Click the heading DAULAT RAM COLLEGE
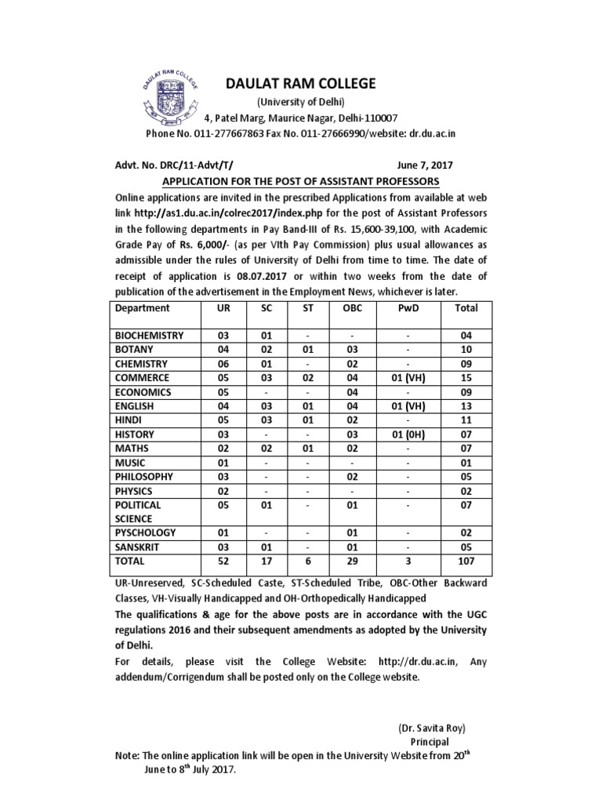click(302, 83)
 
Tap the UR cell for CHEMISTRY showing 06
click(223, 364)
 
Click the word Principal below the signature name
click(430, 741)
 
